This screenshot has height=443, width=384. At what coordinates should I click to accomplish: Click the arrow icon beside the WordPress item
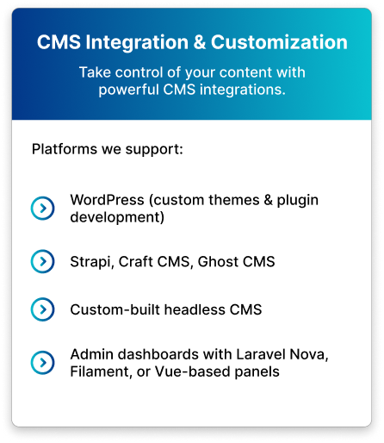[43, 209]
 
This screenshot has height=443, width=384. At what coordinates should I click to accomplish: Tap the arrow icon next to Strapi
[43, 261]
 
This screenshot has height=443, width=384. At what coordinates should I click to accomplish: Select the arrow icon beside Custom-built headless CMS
[43, 309]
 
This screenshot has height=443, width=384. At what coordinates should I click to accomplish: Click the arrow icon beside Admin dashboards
[43, 363]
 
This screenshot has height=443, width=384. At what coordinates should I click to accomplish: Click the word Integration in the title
[137, 43]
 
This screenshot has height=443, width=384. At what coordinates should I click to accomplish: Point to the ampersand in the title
[200, 42]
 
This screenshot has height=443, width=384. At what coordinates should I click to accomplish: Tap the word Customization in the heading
[279, 42]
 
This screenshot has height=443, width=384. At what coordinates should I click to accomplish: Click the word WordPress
[107, 200]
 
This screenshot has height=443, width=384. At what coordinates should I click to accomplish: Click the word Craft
[136, 261]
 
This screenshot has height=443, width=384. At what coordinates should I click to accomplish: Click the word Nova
[309, 355]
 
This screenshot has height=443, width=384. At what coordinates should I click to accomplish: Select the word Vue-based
[193, 371]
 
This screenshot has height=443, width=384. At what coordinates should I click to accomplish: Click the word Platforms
[65, 149]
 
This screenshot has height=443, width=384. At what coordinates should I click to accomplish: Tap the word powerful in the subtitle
[129, 90]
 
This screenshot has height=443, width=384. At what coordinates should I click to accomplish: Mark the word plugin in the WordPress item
[298, 201]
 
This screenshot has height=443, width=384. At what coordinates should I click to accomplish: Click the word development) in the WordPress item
[117, 217]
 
